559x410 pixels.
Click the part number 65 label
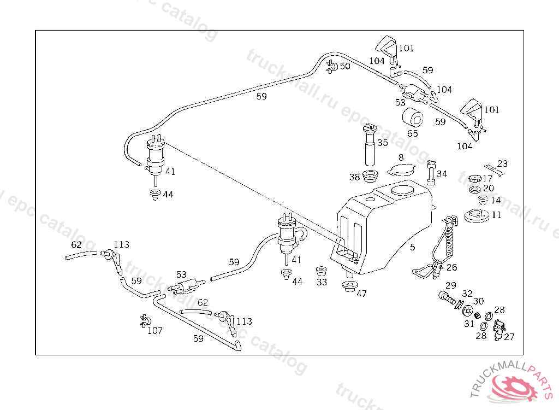pyautogui.click(x=413, y=133)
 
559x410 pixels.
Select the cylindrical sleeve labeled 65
pyautogui.click(x=413, y=118)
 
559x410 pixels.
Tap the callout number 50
pyautogui.click(x=345, y=66)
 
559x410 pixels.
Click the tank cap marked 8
pyautogui.click(x=401, y=170)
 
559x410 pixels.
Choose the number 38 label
pyautogui.click(x=355, y=177)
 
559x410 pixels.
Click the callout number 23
pyautogui.click(x=502, y=163)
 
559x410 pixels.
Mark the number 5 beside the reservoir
pyautogui.click(x=413, y=247)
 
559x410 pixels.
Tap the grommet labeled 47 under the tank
pyautogui.click(x=348, y=286)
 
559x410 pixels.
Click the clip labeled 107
pyautogui.click(x=145, y=321)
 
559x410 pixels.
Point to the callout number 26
pyautogui.click(x=451, y=267)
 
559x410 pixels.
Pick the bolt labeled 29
pyautogui.click(x=447, y=298)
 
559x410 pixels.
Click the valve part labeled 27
pyautogui.click(x=498, y=329)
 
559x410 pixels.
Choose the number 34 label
pyautogui.click(x=442, y=174)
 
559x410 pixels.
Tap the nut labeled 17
pyautogui.click(x=474, y=178)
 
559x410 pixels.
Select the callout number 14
pyautogui.click(x=496, y=200)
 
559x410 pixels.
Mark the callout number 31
pyautogui.click(x=469, y=324)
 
